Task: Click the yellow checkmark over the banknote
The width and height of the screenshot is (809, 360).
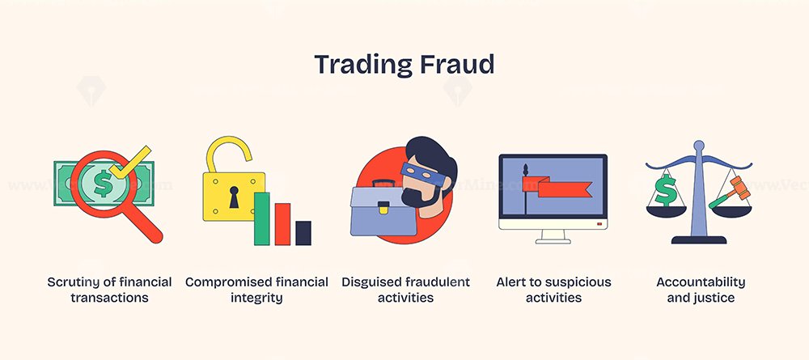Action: pyautogui.click(x=130, y=163)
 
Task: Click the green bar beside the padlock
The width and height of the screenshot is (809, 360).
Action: pyautogui.click(x=261, y=218)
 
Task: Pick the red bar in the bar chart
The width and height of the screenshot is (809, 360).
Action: pyautogui.click(x=282, y=224)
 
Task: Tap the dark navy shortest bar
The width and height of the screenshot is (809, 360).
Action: pyautogui.click(x=303, y=233)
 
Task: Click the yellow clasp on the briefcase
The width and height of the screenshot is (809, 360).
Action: pyautogui.click(x=383, y=208)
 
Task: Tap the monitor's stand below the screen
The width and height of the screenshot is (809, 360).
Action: pyautogui.click(x=553, y=236)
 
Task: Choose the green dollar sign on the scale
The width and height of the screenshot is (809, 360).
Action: pyautogui.click(x=666, y=190)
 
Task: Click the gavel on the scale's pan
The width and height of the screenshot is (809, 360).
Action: pyautogui.click(x=730, y=192)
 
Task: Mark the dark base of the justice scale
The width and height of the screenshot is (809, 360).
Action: pyautogui.click(x=699, y=239)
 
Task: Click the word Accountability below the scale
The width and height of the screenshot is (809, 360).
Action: pyautogui.click(x=701, y=282)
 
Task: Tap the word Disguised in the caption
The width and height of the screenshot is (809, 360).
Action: pyautogui.click(x=371, y=282)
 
